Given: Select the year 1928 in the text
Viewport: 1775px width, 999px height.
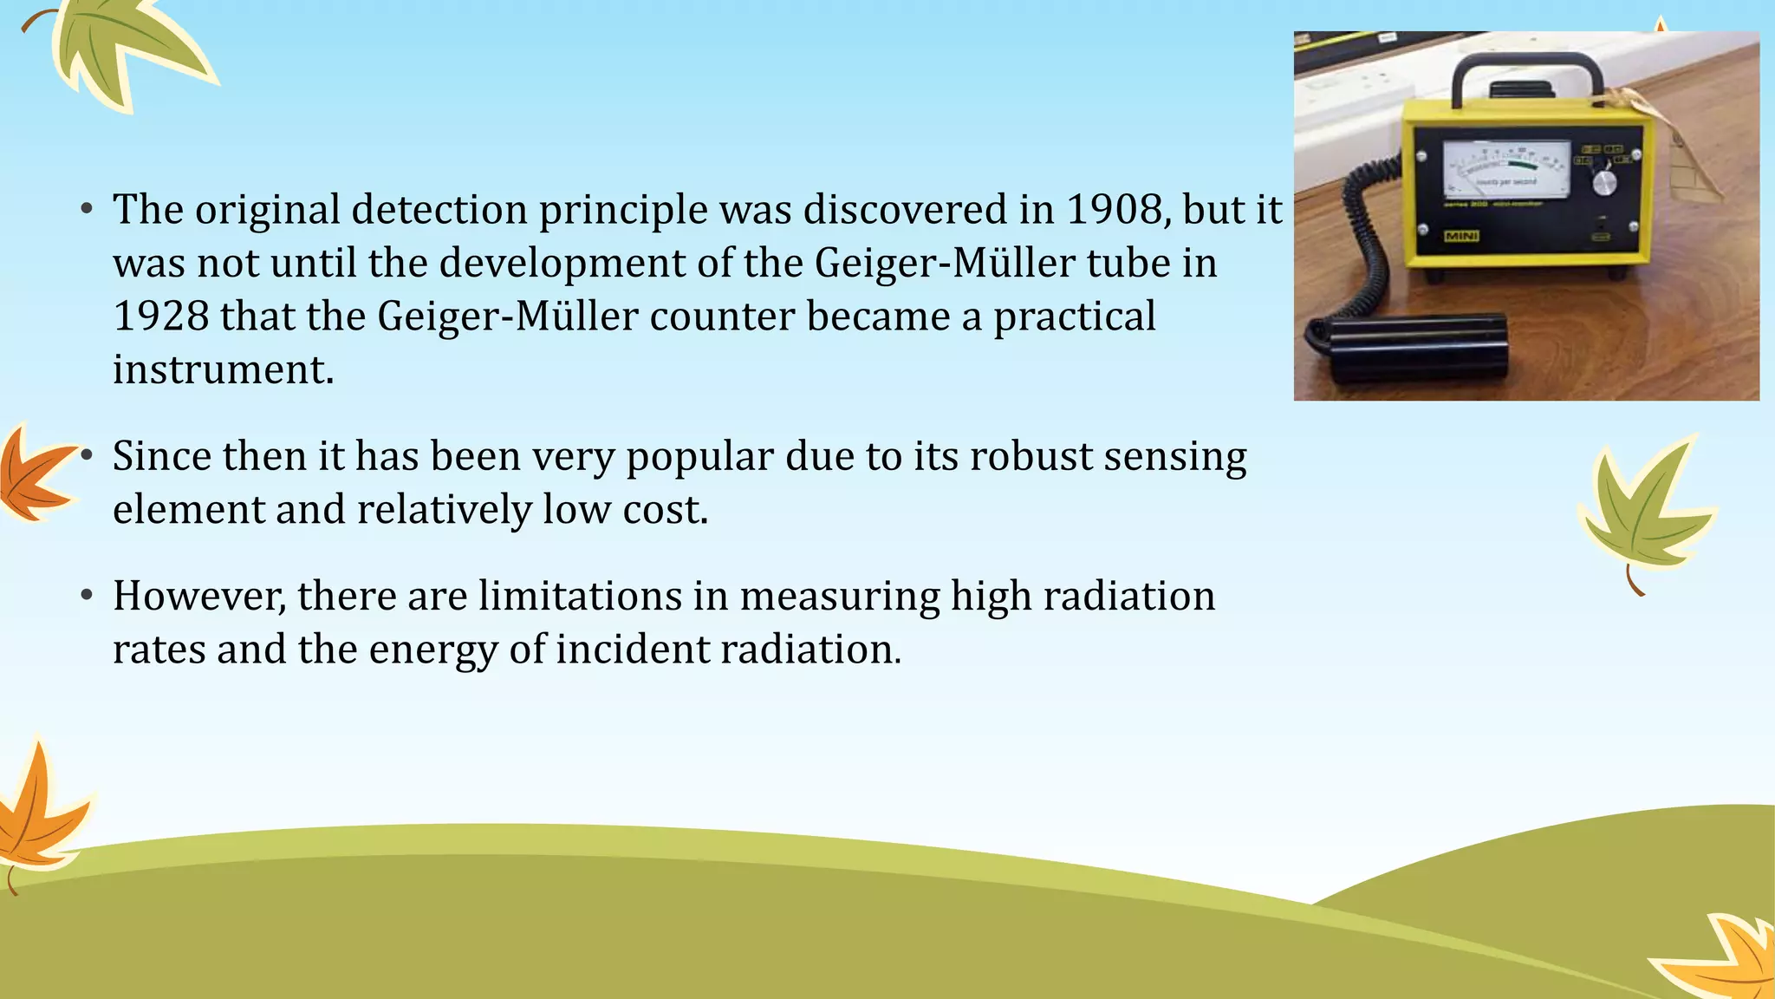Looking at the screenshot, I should (x=161, y=316).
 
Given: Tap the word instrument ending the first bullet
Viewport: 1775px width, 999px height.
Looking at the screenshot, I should (x=223, y=370).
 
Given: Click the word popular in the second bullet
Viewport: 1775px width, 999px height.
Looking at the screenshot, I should (x=699, y=457).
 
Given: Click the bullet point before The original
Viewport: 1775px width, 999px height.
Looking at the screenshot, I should (x=86, y=211).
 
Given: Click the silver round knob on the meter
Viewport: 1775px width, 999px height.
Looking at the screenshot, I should (x=1604, y=182).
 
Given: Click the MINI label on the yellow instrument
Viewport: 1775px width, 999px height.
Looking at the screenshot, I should (x=1461, y=237).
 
